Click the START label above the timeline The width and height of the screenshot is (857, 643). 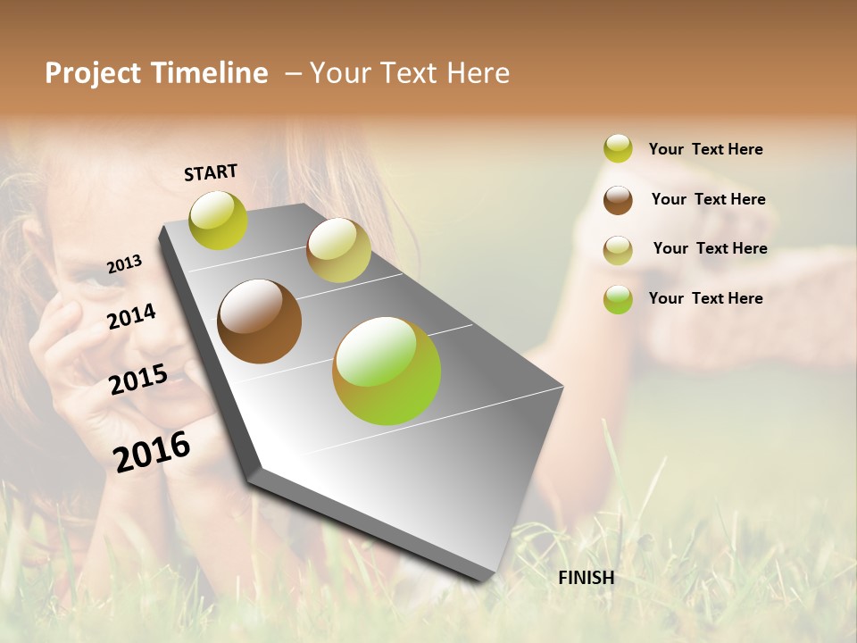click(211, 172)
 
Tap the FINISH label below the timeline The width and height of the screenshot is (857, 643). click(586, 578)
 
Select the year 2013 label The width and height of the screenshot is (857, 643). click(124, 264)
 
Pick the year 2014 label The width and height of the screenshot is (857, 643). click(131, 316)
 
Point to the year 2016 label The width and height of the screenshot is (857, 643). click(152, 452)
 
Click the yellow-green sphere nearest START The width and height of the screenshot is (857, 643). click(218, 221)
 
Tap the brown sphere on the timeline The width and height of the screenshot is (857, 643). click(259, 321)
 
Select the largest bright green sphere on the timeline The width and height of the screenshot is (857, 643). click(387, 371)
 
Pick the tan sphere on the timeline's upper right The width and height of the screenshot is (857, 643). click(338, 250)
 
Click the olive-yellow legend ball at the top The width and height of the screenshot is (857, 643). click(618, 148)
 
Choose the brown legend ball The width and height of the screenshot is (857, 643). click(618, 200)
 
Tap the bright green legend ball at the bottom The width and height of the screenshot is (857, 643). click(618, 299)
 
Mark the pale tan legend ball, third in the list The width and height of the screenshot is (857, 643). click(618, 250)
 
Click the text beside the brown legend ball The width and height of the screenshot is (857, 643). click(708, 199)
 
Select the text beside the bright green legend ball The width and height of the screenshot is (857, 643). click(705, 298)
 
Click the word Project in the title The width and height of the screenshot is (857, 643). click(93, 73)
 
